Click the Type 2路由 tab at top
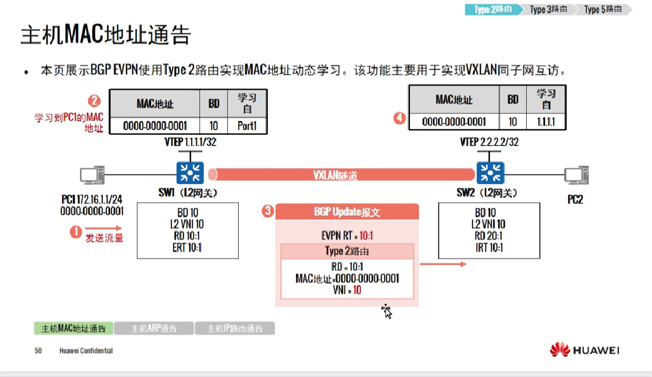[x=492, y=9]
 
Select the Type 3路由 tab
[x=547, y=9]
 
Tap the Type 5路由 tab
[x=602, y=9]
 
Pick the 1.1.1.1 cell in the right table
[x=547, y=121]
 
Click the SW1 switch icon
[x=187, y=172]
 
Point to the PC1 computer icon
[x=92, y=175]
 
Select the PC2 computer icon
[x=576, y=175]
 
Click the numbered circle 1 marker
[x=76, y=232]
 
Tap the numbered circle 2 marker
[x=94, y=102]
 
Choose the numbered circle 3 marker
[x=267, y=211]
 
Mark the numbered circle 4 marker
[x=400, y=118]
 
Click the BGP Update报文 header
[x=347, y=212]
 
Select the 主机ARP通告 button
[x=154, y=329]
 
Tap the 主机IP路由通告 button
[x=235, y=329]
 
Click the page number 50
[x=38, y=351]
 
